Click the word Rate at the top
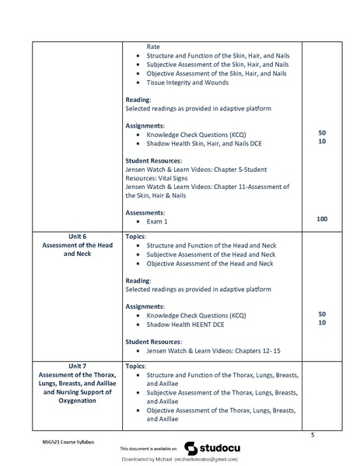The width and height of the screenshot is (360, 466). [153, 47]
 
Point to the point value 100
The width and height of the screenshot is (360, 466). [321, 220]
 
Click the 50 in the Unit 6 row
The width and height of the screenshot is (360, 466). [321, 314]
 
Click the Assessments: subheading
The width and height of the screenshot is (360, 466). [146, 211]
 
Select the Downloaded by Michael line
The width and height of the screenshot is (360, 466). [179, 461]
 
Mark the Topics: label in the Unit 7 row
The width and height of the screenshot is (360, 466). [135, 365]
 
